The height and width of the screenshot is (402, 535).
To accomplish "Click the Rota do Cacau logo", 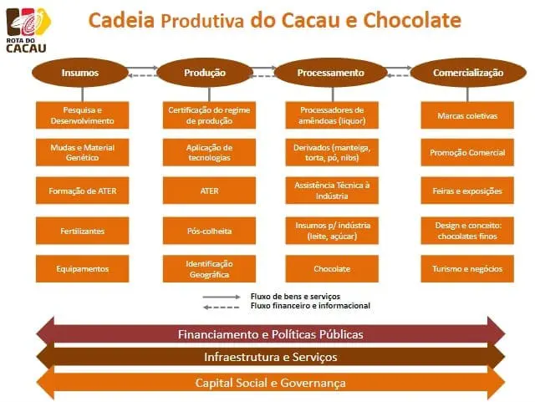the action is [28, 30].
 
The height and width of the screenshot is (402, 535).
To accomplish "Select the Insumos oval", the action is [80, 73].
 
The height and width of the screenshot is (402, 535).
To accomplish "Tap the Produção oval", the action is [205, 73].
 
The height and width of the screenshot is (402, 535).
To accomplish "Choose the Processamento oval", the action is [331, 73].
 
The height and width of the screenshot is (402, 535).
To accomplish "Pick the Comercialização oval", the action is [468, 73].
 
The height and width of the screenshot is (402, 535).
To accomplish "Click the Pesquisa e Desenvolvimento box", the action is [82, 115].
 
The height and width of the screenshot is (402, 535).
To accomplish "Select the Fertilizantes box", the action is [82, 231].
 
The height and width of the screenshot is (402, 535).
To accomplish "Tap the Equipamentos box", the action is [82, 268].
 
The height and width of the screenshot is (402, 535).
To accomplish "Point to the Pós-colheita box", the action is [209, 231].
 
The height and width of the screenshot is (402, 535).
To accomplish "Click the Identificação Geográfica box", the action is [209, 268].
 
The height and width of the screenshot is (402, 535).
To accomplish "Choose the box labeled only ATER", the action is [209, 191].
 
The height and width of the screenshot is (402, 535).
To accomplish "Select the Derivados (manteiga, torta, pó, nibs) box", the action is [332, 152].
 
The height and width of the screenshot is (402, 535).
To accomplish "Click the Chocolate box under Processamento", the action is [332, 268].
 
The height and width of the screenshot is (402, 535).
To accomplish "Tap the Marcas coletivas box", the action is [467, 115].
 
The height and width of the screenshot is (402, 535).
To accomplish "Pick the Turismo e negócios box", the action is [467, 268].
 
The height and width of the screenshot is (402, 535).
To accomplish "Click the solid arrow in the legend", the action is [222, 297].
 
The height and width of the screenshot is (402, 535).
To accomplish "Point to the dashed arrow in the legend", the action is [222, 307].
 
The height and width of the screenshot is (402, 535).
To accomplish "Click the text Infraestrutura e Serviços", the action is [271, 357].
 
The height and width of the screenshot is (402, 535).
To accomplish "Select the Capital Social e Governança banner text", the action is [271, 383].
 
